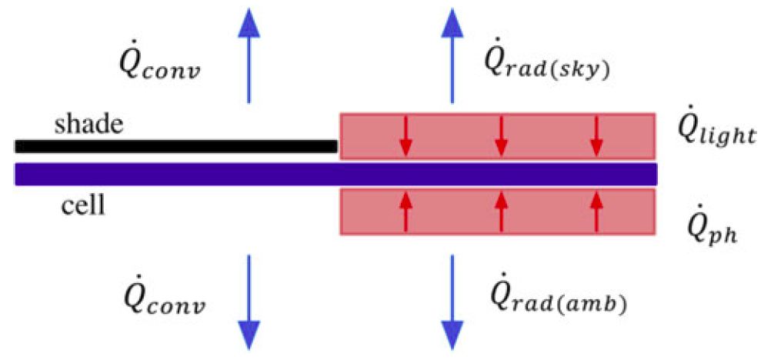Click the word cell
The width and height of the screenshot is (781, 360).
[83, 205]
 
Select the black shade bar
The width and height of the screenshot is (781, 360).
[176, 146]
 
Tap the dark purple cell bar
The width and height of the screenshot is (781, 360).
[336, 174]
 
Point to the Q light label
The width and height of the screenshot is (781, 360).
[717, 132]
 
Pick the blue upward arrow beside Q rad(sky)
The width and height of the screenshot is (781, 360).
[452, 56]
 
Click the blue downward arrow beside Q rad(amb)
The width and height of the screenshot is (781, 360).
[452, 302]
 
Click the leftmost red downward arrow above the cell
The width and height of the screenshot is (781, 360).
[406, 135]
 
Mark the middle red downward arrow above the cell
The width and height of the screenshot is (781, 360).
[502, 135]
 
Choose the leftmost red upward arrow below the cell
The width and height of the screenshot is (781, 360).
[406, 212]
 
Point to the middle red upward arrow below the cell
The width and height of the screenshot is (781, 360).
[502, 212]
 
